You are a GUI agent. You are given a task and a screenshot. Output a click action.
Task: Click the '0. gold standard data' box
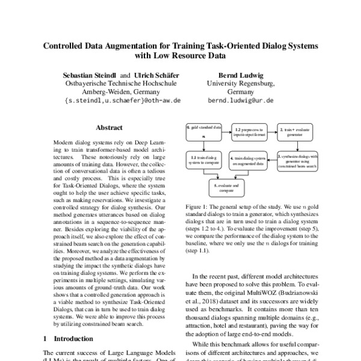pos(205,132)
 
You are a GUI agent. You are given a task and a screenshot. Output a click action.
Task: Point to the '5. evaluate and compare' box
pos(228,187)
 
